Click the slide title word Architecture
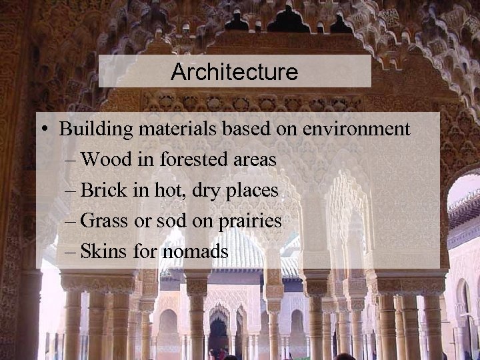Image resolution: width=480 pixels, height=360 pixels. pyautogui.click(x=234, y=72)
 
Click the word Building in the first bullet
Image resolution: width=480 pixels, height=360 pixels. pyautogui.click(x=90, y=129)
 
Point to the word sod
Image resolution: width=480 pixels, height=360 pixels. pyautogui.click(x=171, y=221)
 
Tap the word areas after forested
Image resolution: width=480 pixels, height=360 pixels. pyautogui.click(x=253, y=160)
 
